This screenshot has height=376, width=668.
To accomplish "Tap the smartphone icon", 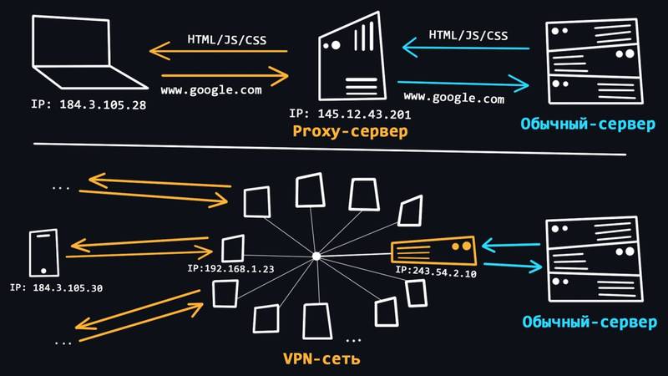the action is (x=44, y=253).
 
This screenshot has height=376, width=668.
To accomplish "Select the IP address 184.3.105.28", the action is (x=89, y=105).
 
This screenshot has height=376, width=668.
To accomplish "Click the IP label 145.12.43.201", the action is (x=350, y=114).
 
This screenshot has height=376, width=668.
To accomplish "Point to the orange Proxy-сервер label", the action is (x=350, y=131).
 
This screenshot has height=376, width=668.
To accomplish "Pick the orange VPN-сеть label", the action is (x=321, y=358).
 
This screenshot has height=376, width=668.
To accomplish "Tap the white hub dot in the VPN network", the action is (x=316, y=257).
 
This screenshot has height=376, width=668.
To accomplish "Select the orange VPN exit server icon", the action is (x=433, y=252).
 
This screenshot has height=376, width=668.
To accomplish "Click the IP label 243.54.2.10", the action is (x=436, y=272).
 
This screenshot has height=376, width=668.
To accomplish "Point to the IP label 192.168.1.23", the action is (x=230, y=268).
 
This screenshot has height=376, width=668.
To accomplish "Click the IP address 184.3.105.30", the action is (x=56, y=288).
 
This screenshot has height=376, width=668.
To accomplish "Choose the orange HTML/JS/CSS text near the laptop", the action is (x=226, y=39).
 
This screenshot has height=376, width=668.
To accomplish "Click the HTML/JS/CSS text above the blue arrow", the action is (x=468, y=35).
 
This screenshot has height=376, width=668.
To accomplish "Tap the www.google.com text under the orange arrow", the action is (x=211, y=90).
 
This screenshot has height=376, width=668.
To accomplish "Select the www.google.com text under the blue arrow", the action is (x=453, y=98).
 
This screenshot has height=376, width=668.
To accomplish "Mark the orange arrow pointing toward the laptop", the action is (x=219, y=51).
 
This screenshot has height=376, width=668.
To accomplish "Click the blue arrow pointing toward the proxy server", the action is (x=466, y=48).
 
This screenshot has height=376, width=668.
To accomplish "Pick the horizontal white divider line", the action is (x=330, y=149).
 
